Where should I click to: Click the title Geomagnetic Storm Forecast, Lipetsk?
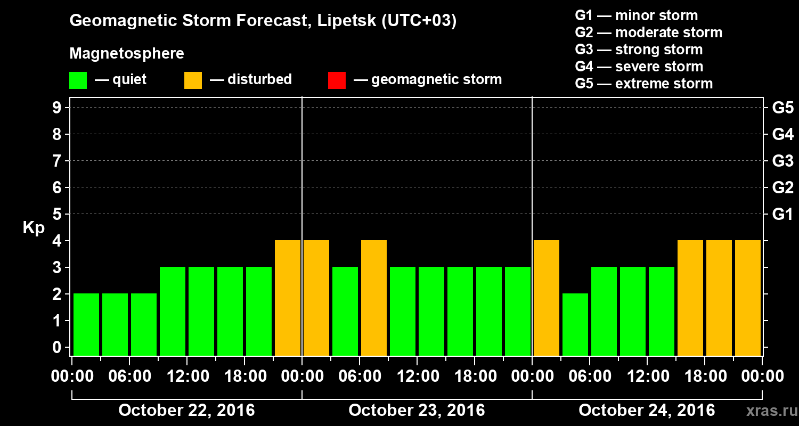tap(263, 21)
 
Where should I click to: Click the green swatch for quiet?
tap(78, 80)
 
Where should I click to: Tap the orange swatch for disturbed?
tap(193, 80)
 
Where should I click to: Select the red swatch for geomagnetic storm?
tap(337, 80)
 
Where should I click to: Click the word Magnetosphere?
tap(127, 54)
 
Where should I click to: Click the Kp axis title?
tap(34, 227)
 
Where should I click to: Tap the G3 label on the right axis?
tap(782, 161)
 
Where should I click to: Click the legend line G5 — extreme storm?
tap(643, 84)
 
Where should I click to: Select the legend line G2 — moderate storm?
tap(648, 32)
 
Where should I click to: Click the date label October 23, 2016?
tap(417, 411)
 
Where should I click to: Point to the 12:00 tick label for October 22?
tap(188, 376)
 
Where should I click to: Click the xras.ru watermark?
tap(768, 411)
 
